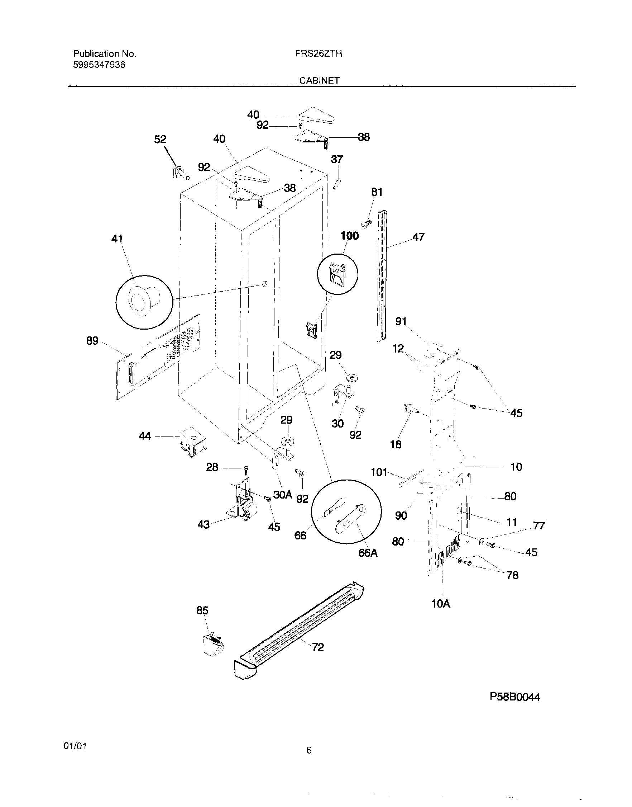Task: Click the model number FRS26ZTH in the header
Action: click(x=318, y=54)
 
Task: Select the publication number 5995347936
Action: click(x=99, y=65)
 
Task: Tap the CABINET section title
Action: click(x=319, y=80)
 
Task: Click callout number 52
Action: click(x=160, y=139)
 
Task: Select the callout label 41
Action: click(x=117, y=239)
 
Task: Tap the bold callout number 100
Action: click(x=349, y=236)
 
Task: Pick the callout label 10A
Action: click(x=441, y=604)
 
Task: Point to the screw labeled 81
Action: click(x=366, y=223)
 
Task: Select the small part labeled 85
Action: click(x=214, y=645)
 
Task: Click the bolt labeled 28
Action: click(x=246, y=469)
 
